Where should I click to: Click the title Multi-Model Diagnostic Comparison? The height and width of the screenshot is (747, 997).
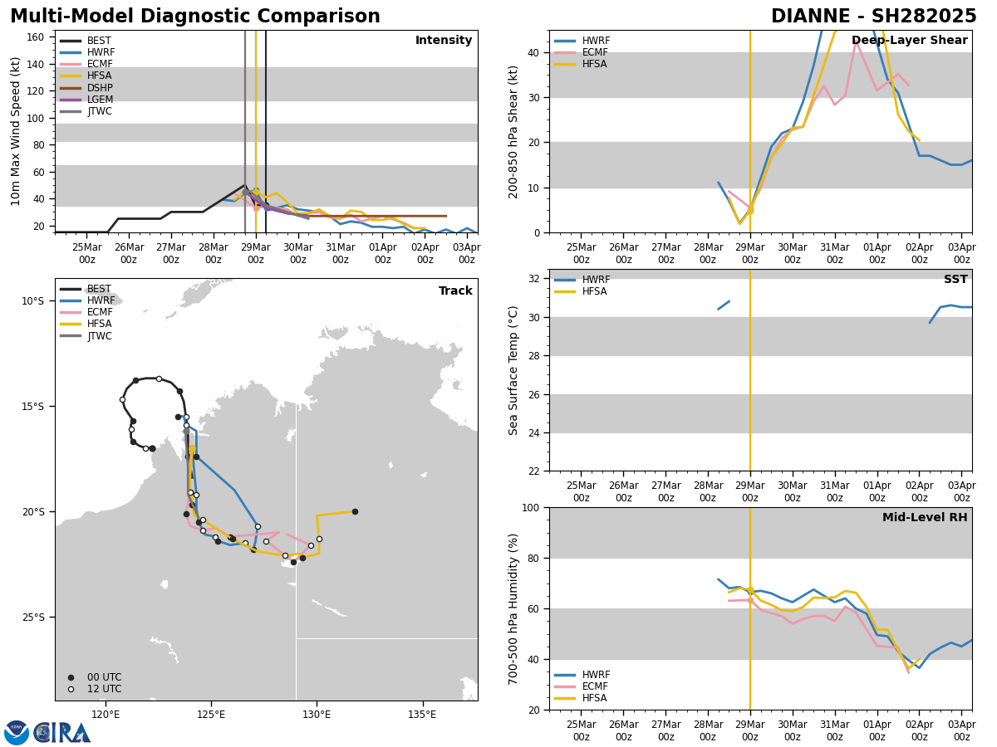(195, 17)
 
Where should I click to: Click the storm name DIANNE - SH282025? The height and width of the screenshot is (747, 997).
(873, 17)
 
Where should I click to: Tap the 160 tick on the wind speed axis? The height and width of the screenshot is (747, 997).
(36, 37)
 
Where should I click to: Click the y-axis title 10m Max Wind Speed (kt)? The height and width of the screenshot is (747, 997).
(16, 131)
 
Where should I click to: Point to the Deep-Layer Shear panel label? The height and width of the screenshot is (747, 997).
(909, 41)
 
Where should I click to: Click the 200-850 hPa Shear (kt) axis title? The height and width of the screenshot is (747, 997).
(513, 131)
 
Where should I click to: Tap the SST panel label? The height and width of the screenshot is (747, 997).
(955, 280)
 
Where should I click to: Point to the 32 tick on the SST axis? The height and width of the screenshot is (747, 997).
(534, 279)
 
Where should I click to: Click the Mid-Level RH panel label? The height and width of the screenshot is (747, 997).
(925, 518)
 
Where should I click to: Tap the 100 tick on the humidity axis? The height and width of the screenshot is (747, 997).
(531, 507)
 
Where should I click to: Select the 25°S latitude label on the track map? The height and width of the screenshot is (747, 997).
(34, 617)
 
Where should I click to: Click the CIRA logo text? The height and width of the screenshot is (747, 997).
(61, 733)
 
